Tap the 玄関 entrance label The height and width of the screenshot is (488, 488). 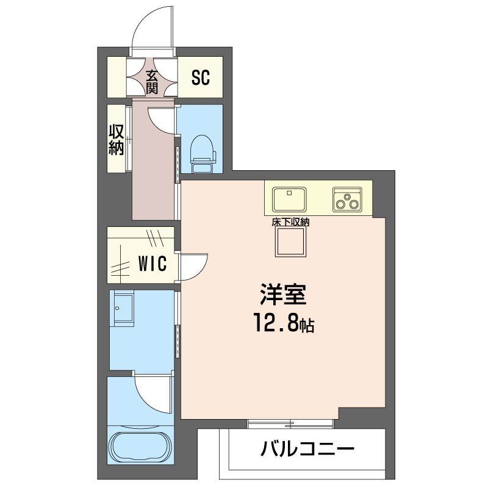coord(152,82)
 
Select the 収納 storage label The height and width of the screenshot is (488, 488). coord(117,140)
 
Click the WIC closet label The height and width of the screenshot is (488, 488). coord(152,265)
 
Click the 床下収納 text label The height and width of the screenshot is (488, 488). coord(290,223)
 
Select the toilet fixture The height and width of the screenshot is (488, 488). coord(201,149)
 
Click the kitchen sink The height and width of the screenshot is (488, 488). coord(290,198)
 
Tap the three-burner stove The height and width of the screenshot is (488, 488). coord(347,199)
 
